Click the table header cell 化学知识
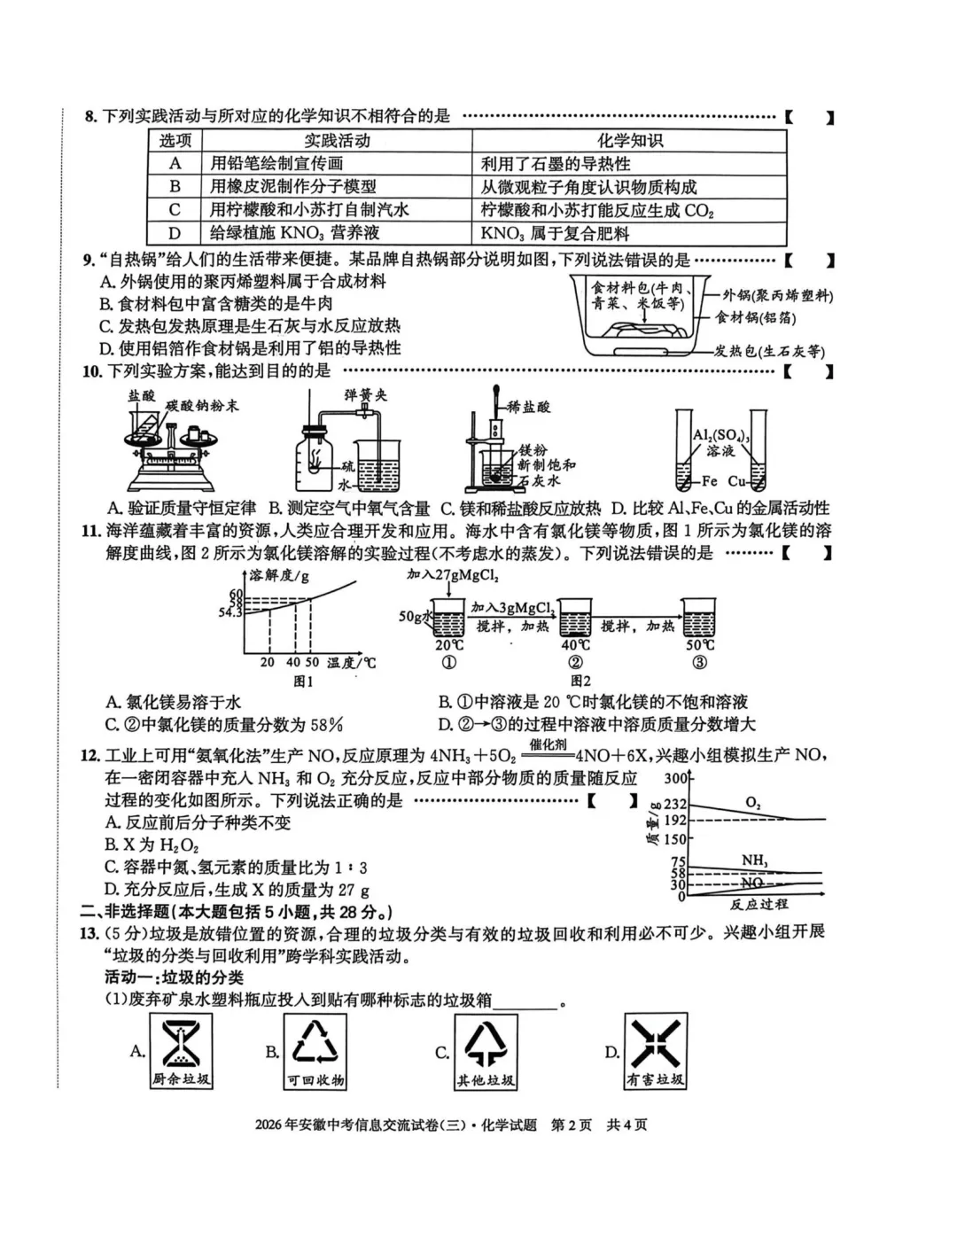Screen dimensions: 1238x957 coord(629,141)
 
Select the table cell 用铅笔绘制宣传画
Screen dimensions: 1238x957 coord(276,164)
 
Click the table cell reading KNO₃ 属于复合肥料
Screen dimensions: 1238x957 coord(555,234)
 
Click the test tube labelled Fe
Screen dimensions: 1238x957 coord(684,450)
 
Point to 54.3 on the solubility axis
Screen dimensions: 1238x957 coord(230,612)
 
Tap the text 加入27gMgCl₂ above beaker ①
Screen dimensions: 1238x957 coord(453,576)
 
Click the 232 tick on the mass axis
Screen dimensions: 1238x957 coord(675,805)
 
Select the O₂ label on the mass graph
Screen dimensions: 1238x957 coord(753,803)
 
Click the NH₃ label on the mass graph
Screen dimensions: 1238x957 coord(755,860)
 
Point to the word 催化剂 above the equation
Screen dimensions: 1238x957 coord(548,745)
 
